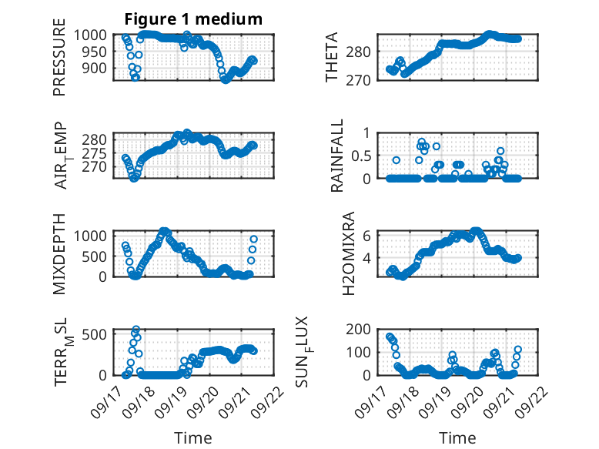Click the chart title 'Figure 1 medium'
coord(193,19)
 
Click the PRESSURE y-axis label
coord(60,62)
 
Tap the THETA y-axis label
coord(332,58)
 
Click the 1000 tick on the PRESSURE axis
coord(97,35)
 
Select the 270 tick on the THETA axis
coord(364,81)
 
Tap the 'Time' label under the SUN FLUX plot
coord(457,438)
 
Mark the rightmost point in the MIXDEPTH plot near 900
coord(253,240)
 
